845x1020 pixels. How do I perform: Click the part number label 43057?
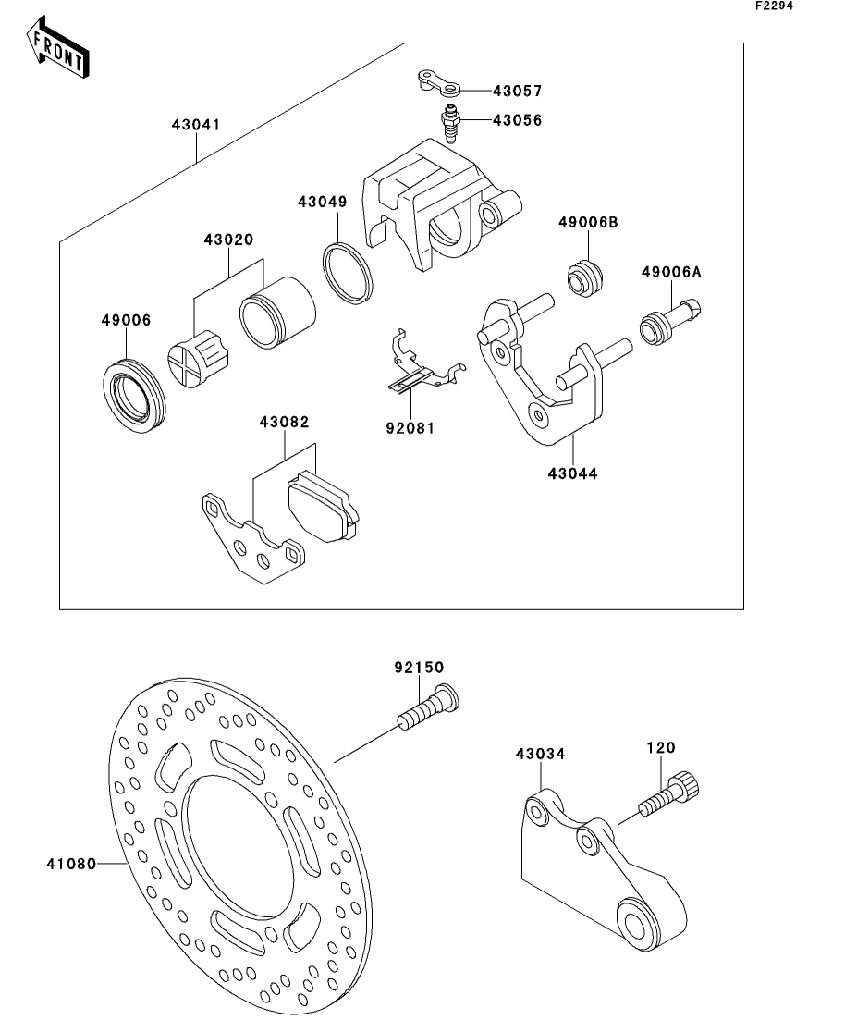pyautogui.click(x=517, y=92)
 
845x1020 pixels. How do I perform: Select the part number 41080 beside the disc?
pyautogui.click(x=70, y=865)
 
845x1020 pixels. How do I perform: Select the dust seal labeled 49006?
pyautogui.click(x=131, y=392)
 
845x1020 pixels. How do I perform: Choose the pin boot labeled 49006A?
pyautogui.click(x=670, y=324)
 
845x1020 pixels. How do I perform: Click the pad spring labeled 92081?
pyautogui.click(x=421, y=367)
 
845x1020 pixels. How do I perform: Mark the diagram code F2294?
pyautogui.click(x=775, y=6)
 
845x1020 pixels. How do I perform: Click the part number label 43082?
pyautogui.click(x=284, y=422)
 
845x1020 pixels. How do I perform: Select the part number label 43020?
pyautogui.click(x=228, y=240)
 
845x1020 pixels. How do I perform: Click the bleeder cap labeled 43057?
pyautogui.click(x=435, y=82)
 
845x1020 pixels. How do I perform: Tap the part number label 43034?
pyautogui.click(x=540, y=755)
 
